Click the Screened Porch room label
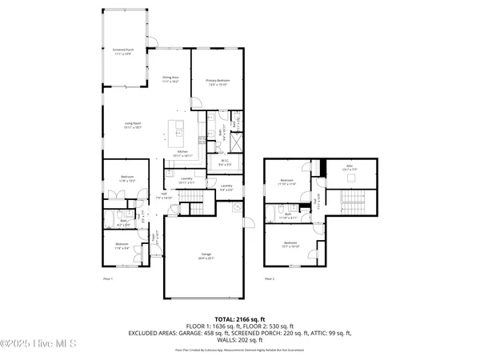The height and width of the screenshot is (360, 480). tap(123, 51)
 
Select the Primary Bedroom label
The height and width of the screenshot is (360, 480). tap(216, 81)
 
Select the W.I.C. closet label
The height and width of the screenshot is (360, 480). tap(226, 163)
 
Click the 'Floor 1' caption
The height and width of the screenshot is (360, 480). tap(109, 278)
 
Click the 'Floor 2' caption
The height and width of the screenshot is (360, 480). tap(270, 278)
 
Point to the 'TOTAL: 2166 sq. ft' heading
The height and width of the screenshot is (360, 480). tap(240, 318)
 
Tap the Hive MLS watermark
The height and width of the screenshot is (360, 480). tap(38, 345)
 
